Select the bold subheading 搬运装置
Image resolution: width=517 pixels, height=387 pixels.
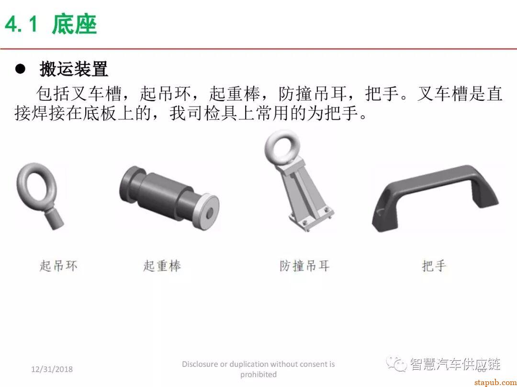tap(74, 69)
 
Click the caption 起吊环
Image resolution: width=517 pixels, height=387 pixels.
tap(58, 266)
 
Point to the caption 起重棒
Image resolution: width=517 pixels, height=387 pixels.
tap(162, 266)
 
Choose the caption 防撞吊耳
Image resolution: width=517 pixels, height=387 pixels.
tap(305, 266)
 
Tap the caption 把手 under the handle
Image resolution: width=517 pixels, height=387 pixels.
tap(434, 266)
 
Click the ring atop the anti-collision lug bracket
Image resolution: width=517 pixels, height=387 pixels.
tap(281, 144)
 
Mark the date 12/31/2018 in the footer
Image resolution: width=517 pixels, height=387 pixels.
tap(52, 369)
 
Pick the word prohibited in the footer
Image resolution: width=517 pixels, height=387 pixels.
tap(258, 375)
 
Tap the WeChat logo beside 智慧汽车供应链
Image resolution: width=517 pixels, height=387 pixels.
tap(397, 364)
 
